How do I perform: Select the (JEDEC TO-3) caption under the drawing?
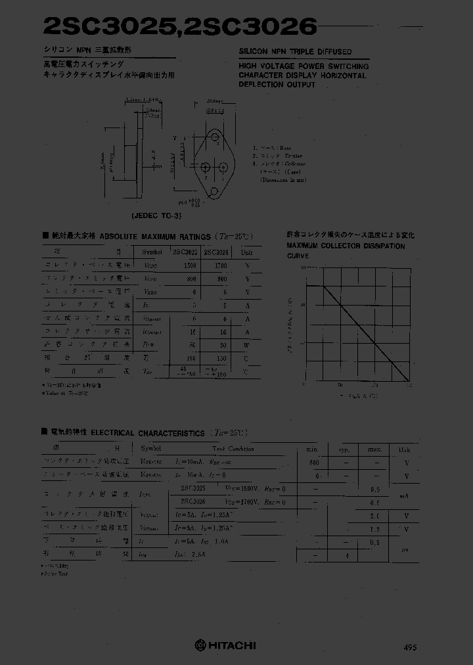pyautogui.click(x=156, y=215)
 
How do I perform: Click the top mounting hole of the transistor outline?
pyautogui.click(x=215, y=139)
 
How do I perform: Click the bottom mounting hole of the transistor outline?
pyautogui.click(x=214, y=192)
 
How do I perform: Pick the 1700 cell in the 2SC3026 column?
pyautogui.click(x=220, y=266)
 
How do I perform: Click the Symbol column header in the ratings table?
pyautogui.click(x=152, y=252)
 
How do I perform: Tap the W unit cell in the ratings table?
pyautogui.click(x=248, y=344)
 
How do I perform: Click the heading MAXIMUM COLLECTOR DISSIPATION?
pyautogui.click(x=346, y=246)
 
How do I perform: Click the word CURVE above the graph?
pyautogui.click(x=298, y=256)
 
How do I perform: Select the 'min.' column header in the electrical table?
pyautogui.click(x=313, y=449)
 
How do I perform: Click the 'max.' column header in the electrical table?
pyautogui.click(x=374, y=449)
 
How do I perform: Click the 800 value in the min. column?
pyautogui.click(x=314, y=463)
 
